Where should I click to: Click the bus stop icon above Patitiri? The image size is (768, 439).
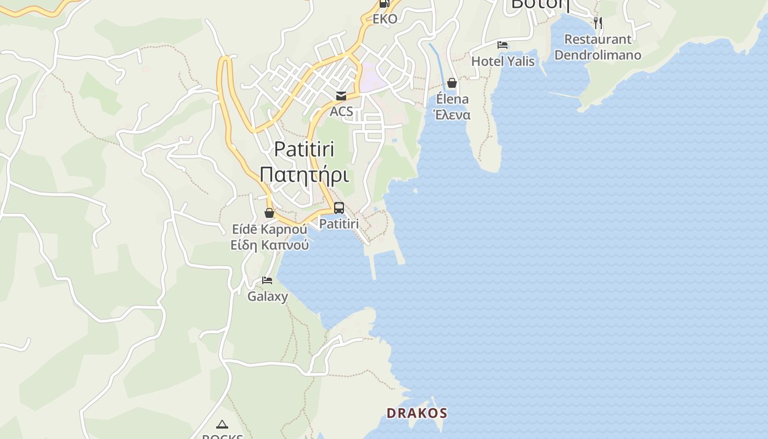click(339, 208)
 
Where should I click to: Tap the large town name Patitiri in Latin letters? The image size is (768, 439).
click(304, 149)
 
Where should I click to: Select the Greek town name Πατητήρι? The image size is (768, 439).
click(304, 175)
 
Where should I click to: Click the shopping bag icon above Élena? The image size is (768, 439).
click(452, 83)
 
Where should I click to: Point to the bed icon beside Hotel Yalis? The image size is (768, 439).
click(502, 45)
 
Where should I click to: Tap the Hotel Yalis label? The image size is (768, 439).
click(503, 61)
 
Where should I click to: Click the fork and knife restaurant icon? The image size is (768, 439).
click(598, 23)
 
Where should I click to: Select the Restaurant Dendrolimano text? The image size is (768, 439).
click(598, 47)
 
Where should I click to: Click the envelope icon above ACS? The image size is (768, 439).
click(341, 96)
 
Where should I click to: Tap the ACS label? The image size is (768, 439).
click(341, 112)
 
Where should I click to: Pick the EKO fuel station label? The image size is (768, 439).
click(385, 19)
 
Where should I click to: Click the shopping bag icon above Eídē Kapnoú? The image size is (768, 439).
click(269, 213)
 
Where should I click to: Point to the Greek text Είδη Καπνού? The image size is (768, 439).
click(269, 245)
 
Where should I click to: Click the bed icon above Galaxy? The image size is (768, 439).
click(267, 280)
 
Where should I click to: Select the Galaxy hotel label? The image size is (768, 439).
click(268, 296)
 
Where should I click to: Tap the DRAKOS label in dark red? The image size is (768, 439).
click(417, 413)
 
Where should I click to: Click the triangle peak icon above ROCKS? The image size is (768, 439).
click(222, 424)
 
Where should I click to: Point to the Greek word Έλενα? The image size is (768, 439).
click(452, 115)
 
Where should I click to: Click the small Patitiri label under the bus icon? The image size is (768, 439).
click(339, 224)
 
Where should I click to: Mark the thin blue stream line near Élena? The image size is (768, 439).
click(438, 63)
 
